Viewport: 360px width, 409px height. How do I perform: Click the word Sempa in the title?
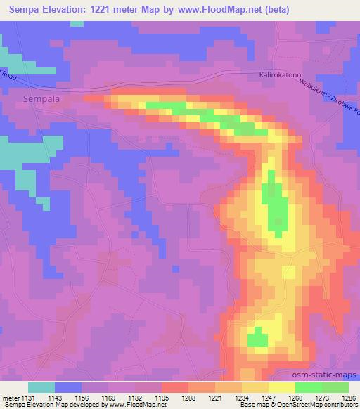tap(25, 9)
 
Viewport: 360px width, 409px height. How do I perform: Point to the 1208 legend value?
tap(187, 398)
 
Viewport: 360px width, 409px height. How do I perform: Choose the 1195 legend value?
tap(161, 398)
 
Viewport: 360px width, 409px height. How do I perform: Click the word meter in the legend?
tap(12, 398)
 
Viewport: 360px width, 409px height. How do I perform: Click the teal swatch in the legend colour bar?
tap(41, 387)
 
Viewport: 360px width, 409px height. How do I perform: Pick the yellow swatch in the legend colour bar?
tap(282, 387)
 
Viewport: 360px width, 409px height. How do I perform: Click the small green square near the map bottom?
tap(258, 340)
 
